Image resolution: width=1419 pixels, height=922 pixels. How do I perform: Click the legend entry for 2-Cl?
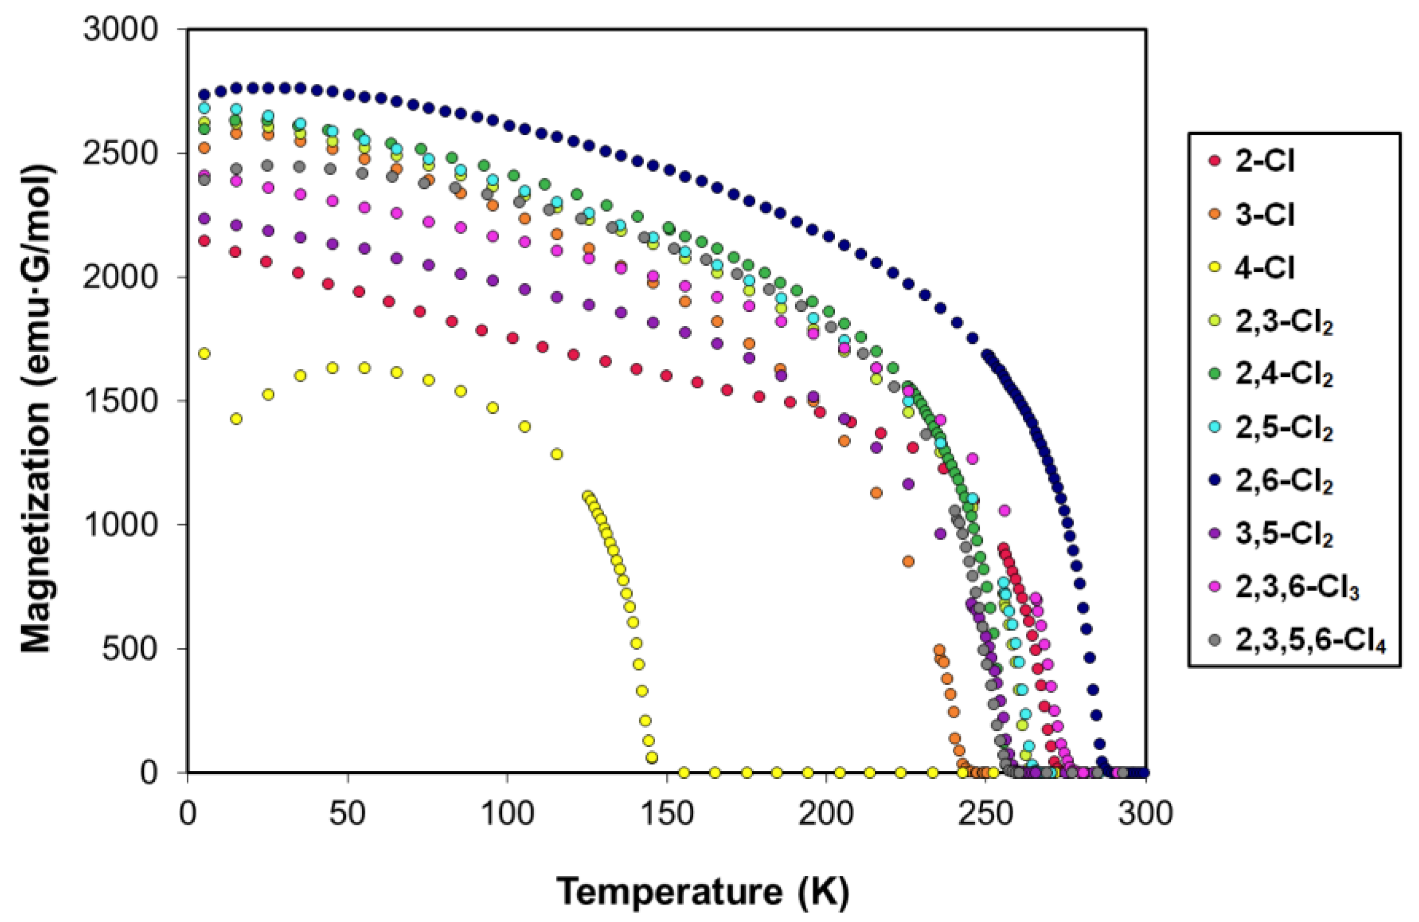pyautogui.click(x=1264, y=161)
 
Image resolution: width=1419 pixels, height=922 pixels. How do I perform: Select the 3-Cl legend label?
pyautogui.click(x=1264, y=214)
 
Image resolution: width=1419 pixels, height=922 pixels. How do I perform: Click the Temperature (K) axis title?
pyautogui.click(x=702, y=892)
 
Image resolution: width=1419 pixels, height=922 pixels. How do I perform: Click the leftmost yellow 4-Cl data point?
pyautogui.click(x=204, y=354)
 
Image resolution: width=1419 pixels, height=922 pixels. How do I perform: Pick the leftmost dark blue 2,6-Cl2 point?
pyautogui.click(x=204, y=94)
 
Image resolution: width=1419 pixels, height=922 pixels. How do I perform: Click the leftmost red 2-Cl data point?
pyautogui.click(x=204, y=241)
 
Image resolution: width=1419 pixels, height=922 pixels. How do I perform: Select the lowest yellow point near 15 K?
pyautogui.click(x=236, y=419)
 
